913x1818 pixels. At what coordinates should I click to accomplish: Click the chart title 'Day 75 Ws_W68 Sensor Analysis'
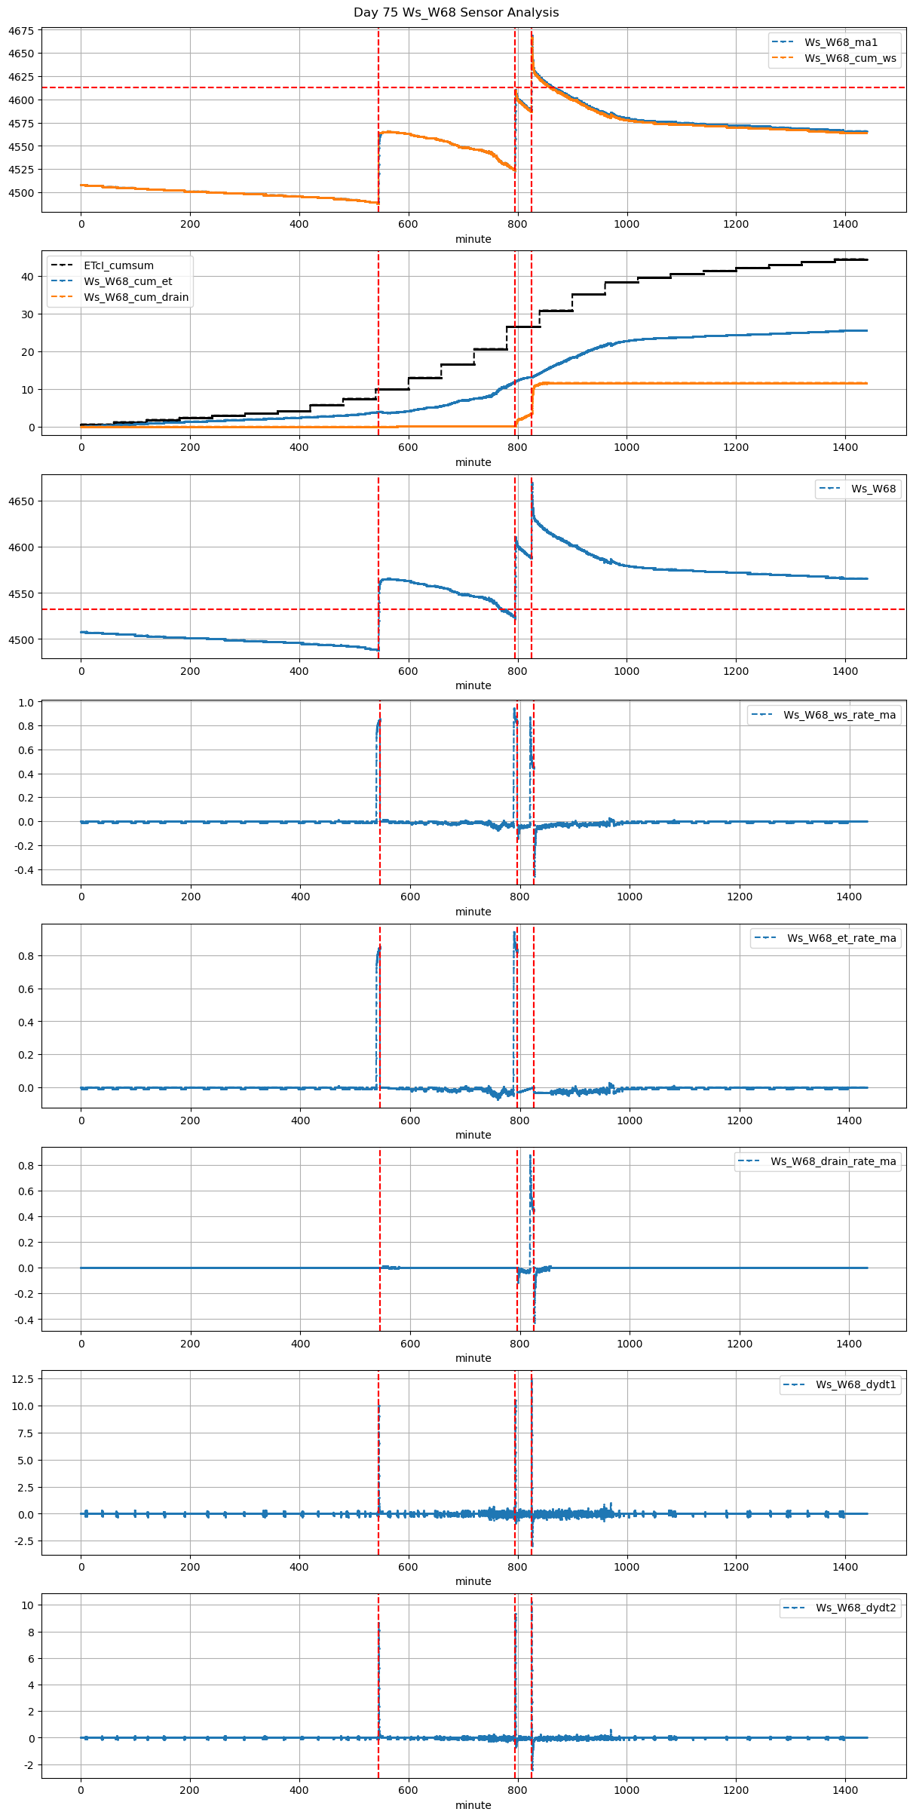(x=456, y=13)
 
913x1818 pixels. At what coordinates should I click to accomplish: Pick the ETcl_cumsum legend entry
(x=118, y=265)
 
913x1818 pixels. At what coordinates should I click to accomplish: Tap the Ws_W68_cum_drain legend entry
(x=136, y=297)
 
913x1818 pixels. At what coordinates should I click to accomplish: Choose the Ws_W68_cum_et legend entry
(x=127, y=281)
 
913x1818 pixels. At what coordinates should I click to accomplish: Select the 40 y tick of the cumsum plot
(x=27, y=277)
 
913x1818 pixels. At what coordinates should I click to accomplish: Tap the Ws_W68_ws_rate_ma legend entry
(x=839, y=715)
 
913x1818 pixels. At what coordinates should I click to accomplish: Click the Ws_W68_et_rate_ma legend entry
(x=841, y=938)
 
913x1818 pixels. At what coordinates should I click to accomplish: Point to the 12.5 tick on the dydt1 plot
(x=23, y=1378)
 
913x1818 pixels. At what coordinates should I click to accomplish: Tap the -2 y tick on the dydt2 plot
(x=28, y=1765)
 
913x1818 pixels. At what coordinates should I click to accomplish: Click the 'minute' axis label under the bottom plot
(x=473, y=1805)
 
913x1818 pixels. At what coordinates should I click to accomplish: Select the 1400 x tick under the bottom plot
(x=845, y=1790)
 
